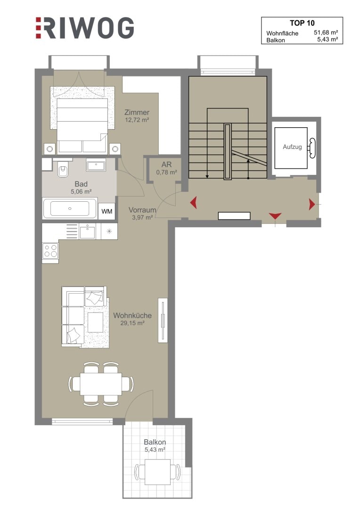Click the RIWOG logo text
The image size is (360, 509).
pyautogui.click(x=85, y=28)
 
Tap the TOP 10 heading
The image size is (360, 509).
pyautogui.click(x=302, y=23)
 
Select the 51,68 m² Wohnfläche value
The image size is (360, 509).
pyautogui.click(x=326, y=33)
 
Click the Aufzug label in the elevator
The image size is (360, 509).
pyautogui.click(x=292, y=147)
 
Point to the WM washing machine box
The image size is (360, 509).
pyautogui.click(x=107, y=211)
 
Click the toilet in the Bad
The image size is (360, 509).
pyautogui.click(x=63, y=168)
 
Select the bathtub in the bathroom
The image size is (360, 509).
pyautogui.click(x=70, y=208)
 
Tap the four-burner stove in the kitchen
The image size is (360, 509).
pyautogui.click(x=50, y=251)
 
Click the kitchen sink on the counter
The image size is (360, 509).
pyautogui.click(x=87, y=232)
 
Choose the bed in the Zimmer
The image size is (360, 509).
pyautogui.click(x=82, y=125)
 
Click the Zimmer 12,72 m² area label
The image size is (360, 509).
pyautogui.click(x=137, y=116)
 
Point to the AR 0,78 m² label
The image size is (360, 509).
pyautogui.click(x=166, y=168)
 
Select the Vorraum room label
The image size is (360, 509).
pyautogui.click(x=142, y=210)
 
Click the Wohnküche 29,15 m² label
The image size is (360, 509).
pyautogui.click(x=132, y=319)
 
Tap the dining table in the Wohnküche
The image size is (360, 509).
pyautogui.click(x=101, y=384)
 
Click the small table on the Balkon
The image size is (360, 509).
pyautogui.click(x=158, y=471)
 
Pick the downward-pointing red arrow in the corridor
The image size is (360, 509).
pyautogui.click(x=275, y=215)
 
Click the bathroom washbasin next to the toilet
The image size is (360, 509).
pyautogui.click(x=96, y=165)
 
